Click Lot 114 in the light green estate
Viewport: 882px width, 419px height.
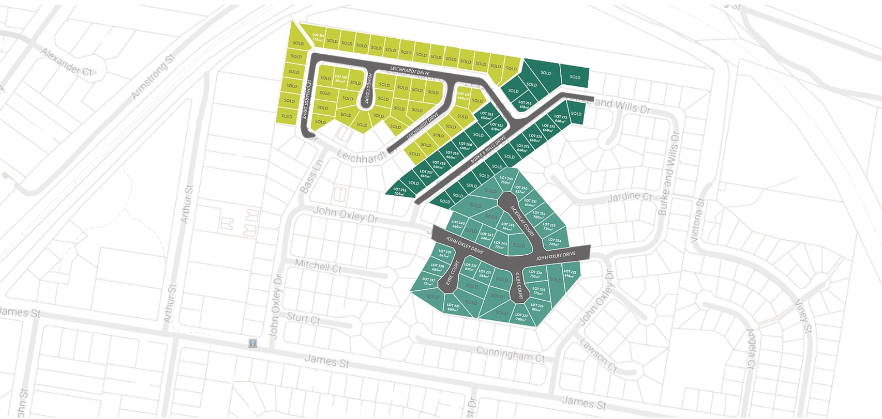point(318,38)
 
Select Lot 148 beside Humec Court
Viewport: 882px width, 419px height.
point(340,79)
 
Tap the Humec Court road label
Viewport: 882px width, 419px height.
point(367,88)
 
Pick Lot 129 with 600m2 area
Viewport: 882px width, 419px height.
point(463,96)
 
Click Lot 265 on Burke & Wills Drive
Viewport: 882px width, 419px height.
point(525,105)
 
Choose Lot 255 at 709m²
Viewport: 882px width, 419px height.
point(400,192)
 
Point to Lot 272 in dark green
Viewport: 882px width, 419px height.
point(560,119)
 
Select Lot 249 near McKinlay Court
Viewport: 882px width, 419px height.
point(506,180)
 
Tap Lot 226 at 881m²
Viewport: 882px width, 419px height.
point(537,307)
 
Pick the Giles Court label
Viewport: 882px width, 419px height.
point(518,287)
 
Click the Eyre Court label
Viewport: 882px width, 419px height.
point(453,274)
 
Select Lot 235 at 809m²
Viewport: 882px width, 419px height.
point(453,308)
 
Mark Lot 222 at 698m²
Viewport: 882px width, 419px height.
point(569,273)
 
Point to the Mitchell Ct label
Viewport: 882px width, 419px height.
point(318,267)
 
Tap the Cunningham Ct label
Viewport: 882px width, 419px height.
point(510,354)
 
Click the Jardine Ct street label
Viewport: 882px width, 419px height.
point(630,197)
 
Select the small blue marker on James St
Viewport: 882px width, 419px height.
point(252,343)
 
